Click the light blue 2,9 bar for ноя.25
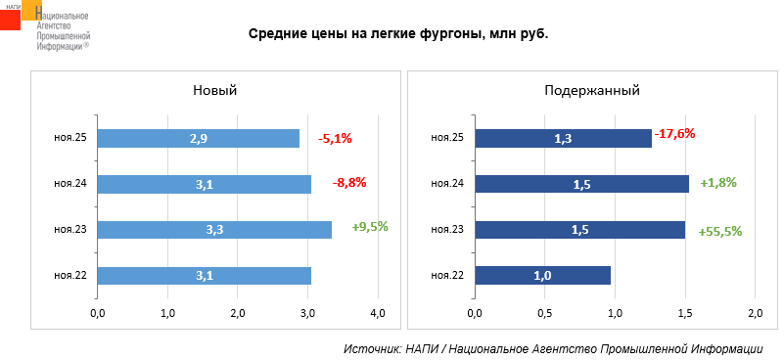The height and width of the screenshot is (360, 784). (199, 139)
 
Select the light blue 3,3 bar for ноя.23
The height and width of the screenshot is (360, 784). (214, 230)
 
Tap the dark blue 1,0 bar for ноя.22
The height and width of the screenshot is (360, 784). (542, 276)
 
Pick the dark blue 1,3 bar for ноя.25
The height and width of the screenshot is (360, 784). (564, 139)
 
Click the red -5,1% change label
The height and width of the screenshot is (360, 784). (335, 139)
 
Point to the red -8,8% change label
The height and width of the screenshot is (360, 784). (349, 183)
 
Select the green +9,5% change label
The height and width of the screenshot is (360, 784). (370, 227)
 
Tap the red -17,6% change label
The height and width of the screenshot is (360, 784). (674, 134)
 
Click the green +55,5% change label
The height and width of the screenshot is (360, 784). (720, 232)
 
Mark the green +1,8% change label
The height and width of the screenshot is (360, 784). (718, 183)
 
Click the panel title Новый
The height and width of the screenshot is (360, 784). (215, 91)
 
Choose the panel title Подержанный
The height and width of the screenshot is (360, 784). (592, 91)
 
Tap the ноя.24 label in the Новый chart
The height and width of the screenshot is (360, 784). (70, 184)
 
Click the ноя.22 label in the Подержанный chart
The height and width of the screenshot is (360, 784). (447, 276)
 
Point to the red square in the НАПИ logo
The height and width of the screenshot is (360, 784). (11, 19)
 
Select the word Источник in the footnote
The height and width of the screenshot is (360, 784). (370, 349)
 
